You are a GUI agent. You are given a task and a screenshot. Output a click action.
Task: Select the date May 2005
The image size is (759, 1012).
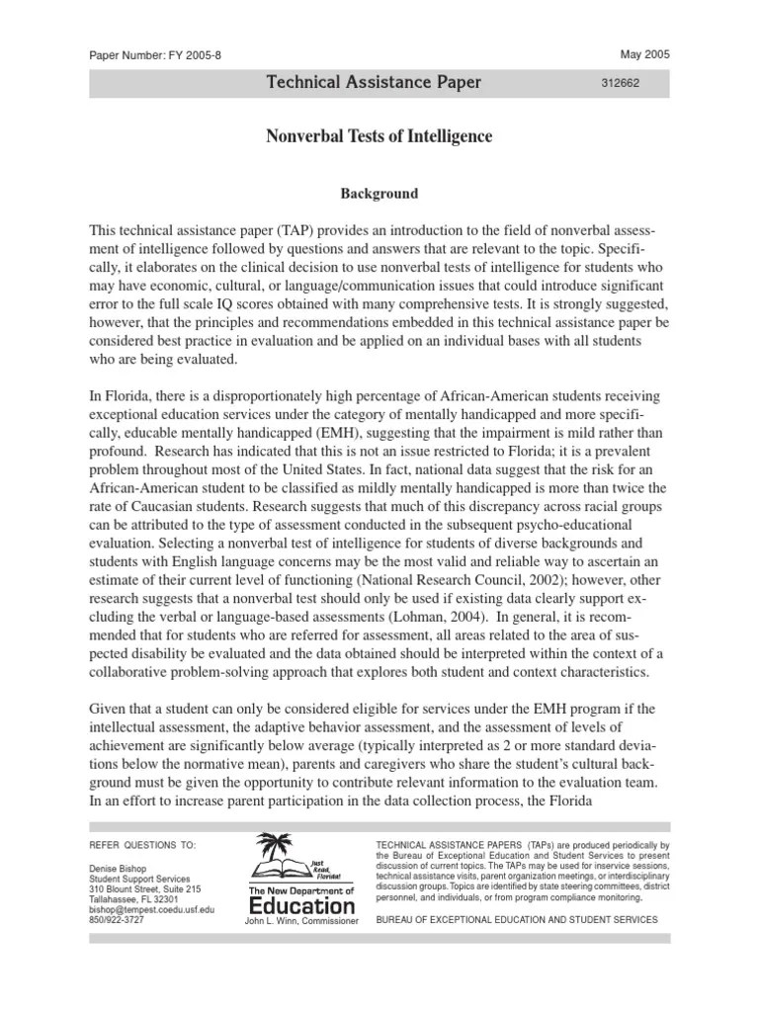click(644, 54)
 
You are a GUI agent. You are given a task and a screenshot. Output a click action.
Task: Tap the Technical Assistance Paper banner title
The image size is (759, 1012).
click(374, 83)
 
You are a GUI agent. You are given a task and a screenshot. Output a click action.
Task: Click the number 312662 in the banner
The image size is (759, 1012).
click(621, 85)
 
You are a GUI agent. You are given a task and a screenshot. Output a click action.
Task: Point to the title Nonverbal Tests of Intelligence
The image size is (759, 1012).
click(379, 136)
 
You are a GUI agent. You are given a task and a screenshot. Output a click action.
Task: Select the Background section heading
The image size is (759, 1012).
click(379, 194)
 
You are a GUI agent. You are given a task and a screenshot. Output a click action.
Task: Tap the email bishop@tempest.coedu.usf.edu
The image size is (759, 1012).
click(151, 909)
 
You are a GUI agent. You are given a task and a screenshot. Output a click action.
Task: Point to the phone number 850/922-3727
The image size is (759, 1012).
click(117, 921)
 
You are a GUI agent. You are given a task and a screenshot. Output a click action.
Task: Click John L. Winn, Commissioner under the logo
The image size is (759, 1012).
click(300, 922)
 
